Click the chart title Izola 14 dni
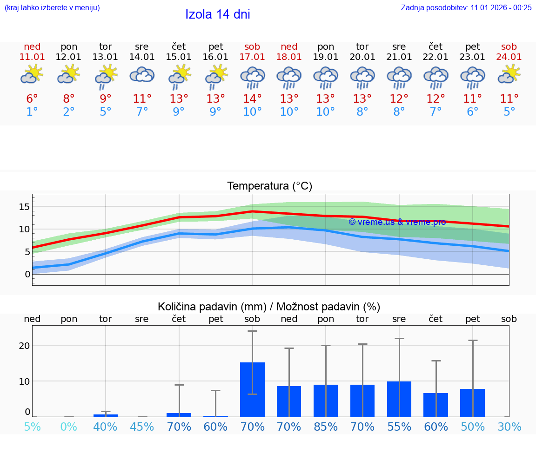coord(218,14)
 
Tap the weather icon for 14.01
coord(142,75)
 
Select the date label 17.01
coord(252,57)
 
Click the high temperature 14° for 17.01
coord(252,99)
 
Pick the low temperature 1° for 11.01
coord(32,112)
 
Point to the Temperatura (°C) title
coord(269,186)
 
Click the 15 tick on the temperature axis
coord(24,207)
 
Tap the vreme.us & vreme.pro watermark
coord(397,222)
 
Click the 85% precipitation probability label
coord(326,427)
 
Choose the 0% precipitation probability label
coord(69,427)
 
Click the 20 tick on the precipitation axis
coord(24,346)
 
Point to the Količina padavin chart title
coord(269,307)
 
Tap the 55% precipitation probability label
coord(399,427)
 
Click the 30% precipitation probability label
coord(509,427)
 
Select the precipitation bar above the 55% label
coord(399,399)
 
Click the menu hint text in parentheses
coord(52,7)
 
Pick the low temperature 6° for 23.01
coord(472,112)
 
